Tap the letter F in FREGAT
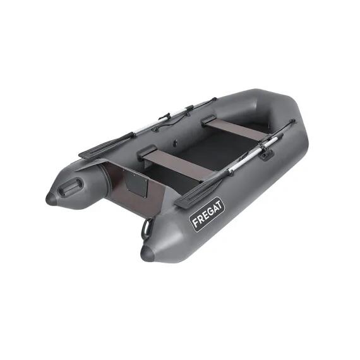[x=196, y=223]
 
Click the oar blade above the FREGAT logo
[x=197, y=193]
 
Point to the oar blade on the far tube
[x=105, y=145]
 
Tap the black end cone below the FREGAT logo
[x=147, y=253]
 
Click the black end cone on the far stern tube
[x=52, y=199]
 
